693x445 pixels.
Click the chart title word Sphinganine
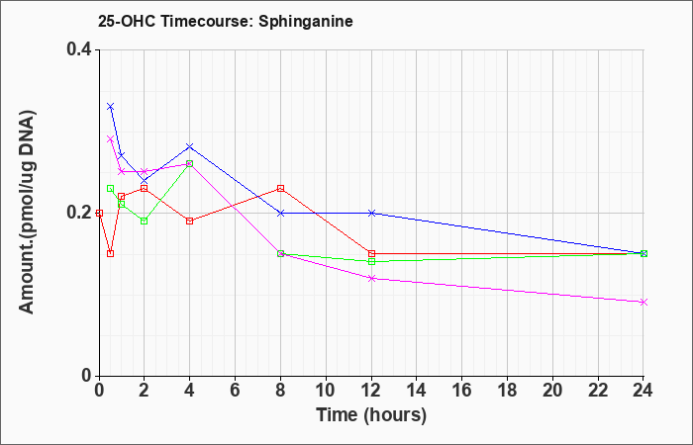pyautogui.click(x=305, y=22)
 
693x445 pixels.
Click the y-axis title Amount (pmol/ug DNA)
pyautogui.click(x=27, y=213)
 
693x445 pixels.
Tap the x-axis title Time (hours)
pyautogui.click(x=371, y=415)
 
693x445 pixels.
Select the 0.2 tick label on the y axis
pyautogui.click(x=79, y=213)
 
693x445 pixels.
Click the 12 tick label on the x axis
pyautogui.click(x=371, y=390)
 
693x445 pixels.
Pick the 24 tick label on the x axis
pyautogui.click(x=643, y=390)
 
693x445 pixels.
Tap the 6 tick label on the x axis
pyautogui.click(x=236, y=390)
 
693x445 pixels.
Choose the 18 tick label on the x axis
pyautogui.click(x=507, y=390)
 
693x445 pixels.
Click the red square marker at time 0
pyautogui.click(x=99, y=213)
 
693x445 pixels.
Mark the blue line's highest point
pyautogui.click(x=111, y=107)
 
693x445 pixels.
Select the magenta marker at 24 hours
pyautogui.click(x=643, y=302)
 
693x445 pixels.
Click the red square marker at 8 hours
pyautogui.click(x=280, y=189)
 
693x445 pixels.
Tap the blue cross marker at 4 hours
pyautogui.click(x=190, y=146)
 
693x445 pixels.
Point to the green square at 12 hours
pyautogui.click(x=371, y=261)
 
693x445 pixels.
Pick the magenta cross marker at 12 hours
pyautogui.click(x=371, y=278)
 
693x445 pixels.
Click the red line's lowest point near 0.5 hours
pyautogui.click(x=111, y=253)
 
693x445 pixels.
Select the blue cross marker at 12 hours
pyautogui.click(x=371, y=213)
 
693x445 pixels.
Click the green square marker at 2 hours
pyautogui.click(x=145, y=221)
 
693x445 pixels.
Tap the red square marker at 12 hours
pyautogui.click(x=371, y=253)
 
